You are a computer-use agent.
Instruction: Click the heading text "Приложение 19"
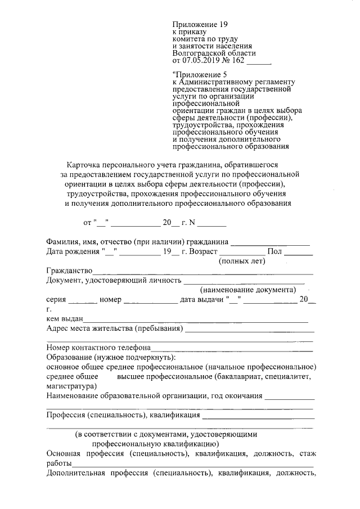tap(199, 24)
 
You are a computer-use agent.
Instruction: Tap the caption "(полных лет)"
tap(242, 261)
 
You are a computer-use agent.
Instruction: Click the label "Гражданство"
tap(69, 271)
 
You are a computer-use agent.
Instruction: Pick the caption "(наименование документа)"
tap(248, 290)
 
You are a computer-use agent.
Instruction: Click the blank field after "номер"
tap(150, 300)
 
